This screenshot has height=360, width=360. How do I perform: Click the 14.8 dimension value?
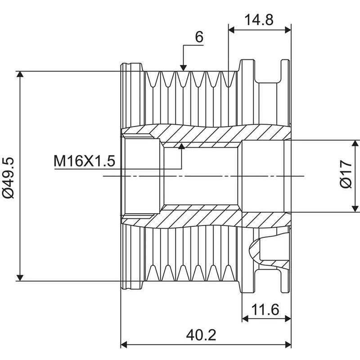259,20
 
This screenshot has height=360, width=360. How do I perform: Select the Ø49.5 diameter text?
8,177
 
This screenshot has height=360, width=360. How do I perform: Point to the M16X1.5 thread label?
84,161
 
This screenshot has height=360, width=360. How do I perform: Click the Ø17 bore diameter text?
346,174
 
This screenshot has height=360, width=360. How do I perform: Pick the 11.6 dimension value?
265,310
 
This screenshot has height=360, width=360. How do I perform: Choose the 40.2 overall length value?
201,335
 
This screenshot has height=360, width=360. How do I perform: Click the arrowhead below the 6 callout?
183,68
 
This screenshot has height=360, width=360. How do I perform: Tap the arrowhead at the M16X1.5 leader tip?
182,146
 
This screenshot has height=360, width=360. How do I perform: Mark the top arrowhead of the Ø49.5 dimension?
20,74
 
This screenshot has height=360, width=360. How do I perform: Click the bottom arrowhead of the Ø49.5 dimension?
20,278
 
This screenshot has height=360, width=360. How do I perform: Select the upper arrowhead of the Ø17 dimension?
355,144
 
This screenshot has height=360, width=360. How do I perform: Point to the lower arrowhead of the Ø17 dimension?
355,208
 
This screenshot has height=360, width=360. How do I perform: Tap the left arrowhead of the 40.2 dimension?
124,344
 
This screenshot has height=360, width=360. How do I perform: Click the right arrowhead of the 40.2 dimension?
288,344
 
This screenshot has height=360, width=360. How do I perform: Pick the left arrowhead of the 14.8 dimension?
232,30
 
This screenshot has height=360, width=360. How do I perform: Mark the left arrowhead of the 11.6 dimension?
245,319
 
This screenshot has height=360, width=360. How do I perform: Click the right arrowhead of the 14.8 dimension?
288,30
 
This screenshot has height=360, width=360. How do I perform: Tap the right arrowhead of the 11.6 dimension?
288,319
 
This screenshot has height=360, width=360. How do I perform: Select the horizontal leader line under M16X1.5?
118,169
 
